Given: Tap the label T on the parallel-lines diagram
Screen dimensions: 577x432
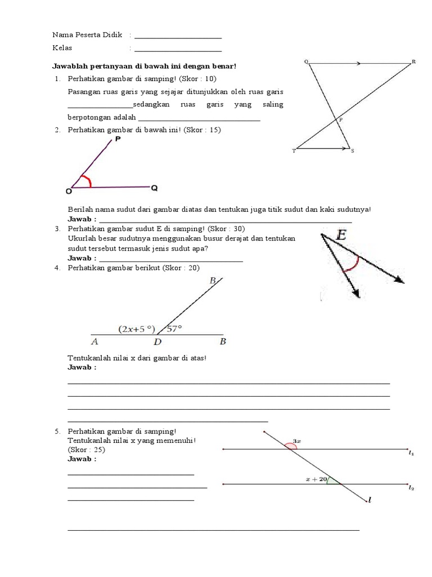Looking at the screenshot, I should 293,151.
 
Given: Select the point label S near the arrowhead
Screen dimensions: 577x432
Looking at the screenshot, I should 352,151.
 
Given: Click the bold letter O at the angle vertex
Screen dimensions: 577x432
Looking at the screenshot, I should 69,192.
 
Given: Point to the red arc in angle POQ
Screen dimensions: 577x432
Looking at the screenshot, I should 87,180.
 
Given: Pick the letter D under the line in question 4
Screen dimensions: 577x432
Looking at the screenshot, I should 158,341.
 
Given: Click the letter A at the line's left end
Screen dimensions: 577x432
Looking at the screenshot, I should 94,341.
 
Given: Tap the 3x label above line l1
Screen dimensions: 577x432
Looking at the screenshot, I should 297,441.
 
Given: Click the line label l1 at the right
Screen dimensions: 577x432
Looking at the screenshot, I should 411,452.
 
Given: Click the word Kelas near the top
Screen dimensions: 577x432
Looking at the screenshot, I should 62,48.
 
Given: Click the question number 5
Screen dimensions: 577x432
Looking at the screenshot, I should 57,431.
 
